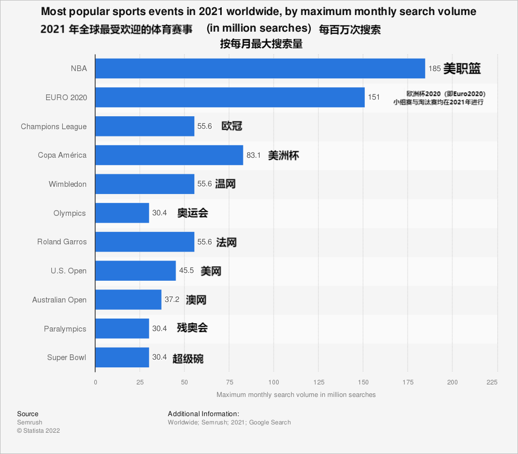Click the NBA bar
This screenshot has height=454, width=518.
coord(260,68)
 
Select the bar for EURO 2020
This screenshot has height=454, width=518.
coord(230,98)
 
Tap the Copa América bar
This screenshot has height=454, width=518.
coord(169,155)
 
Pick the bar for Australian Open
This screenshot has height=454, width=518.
coord(128,300)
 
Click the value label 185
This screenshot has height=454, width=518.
coord(435,68)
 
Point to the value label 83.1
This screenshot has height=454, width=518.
coord(253,155)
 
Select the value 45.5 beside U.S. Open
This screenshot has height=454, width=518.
coord(186,271)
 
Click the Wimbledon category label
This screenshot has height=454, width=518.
coord(67,184)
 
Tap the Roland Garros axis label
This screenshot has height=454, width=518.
coord(62,242)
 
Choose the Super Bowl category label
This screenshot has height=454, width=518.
coord(66,357)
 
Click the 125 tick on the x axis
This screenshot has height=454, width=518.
coord(319,382)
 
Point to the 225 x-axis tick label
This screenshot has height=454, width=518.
coord(492,382)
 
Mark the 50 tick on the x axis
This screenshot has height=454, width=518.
coord(184,382)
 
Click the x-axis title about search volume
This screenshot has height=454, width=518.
coord(296,395)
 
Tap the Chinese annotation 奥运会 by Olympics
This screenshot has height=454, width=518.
coord(193,213)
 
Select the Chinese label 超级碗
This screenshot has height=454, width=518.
coord(188,358)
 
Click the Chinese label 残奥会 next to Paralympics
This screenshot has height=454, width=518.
coord(192,328)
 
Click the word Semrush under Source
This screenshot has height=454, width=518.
coord(30,422)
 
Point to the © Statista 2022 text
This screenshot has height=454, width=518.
coord(38,431)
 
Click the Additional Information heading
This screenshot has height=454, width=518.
coord(203,414)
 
